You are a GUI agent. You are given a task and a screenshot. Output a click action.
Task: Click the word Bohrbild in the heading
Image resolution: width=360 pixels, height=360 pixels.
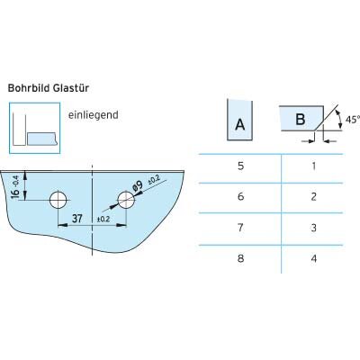coord(29,88)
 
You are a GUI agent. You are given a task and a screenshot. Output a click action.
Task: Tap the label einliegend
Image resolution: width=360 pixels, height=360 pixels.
coord(94,115)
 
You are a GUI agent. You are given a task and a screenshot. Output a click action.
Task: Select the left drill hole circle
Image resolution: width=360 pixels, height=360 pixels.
coord(58,200)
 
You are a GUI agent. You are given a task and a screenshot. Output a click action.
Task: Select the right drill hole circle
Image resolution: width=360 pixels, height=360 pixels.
coord(126,200)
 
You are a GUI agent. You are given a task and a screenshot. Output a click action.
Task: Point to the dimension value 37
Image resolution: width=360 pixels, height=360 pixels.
coord(77,219)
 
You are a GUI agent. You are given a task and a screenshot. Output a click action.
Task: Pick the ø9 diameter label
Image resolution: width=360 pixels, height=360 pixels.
coord(138,186)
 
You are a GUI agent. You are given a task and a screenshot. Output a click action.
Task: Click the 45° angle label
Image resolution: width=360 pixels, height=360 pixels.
coord(353,120)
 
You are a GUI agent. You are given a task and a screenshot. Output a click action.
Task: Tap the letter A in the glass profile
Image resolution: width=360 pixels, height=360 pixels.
coord(240,124)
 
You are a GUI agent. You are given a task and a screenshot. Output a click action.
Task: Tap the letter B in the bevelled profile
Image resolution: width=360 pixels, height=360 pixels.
coord(301,119)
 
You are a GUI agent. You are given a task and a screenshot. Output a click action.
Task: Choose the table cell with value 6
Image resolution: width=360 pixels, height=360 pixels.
coord(240,197)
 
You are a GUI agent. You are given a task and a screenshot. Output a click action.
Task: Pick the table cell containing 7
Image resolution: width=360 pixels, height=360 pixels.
coord(240,228)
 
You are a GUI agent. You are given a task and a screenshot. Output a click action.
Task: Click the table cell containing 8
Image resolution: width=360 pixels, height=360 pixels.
coord(240,258)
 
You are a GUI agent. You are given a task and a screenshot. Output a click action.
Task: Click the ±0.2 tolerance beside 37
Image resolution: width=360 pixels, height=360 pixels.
coord(103,220)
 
